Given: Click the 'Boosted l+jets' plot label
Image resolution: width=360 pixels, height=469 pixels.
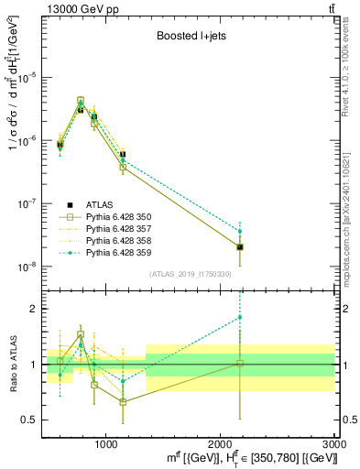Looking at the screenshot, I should [187, 38].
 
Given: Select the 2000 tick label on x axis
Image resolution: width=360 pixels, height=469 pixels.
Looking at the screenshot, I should [220, 443].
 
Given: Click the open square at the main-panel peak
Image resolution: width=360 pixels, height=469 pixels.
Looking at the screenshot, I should [81, 101].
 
